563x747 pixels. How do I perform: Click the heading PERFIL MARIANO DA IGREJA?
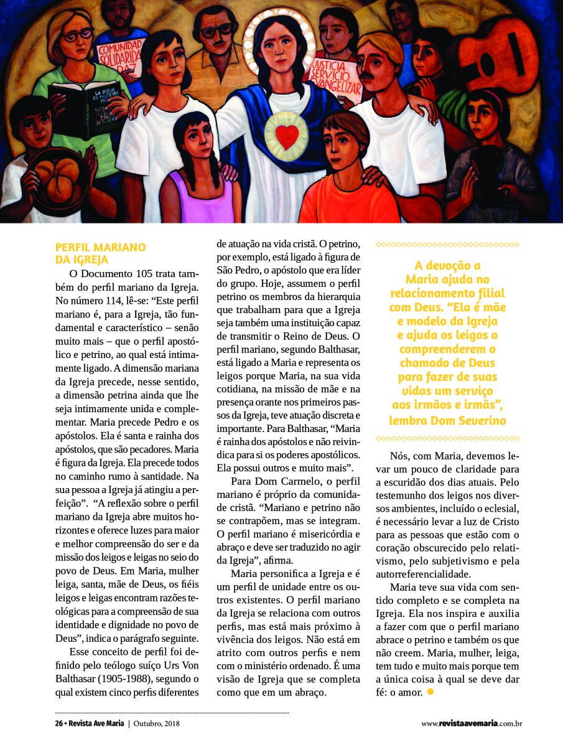pyautogui.click(x=100, y=253)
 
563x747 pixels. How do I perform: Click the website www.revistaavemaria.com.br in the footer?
pyautogui.click(x=471, y=723)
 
